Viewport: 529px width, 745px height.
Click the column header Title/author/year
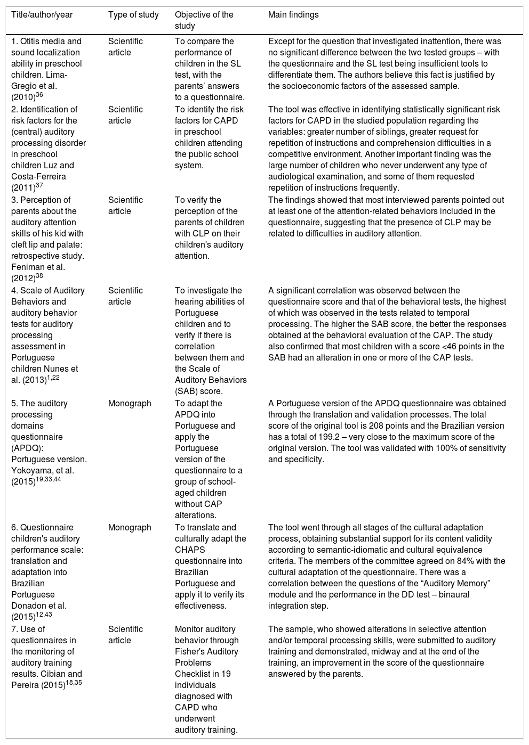coord(42,15)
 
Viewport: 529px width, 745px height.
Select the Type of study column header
coord(133,15)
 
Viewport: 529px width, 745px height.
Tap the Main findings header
coord(293,15)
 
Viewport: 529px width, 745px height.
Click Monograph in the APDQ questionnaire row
coord(130,404)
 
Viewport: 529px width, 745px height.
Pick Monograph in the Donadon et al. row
coord(130,528)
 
